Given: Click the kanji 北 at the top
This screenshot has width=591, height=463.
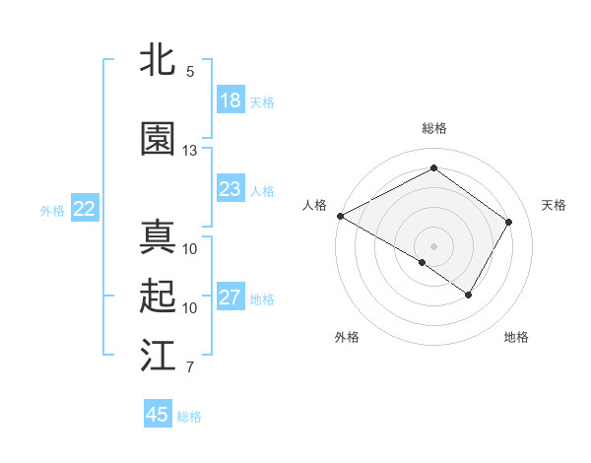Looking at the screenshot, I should click(159, 61).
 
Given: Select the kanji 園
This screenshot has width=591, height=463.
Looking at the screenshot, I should click(159, 140).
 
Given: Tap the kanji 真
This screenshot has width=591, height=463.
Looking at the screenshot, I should click(159, 237).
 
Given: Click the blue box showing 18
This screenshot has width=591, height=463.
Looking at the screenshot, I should click(230, 100).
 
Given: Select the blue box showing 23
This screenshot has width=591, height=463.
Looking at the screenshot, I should click(230, 189).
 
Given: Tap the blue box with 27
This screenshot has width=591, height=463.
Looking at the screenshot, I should click(230, 298).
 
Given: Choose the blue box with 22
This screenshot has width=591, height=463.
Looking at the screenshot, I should click(85, 209).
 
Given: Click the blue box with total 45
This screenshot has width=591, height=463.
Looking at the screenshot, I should click(158, 415).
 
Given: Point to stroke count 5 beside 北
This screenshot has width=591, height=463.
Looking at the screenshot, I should click(190, 72).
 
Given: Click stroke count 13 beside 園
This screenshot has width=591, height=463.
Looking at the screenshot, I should click(190, 151).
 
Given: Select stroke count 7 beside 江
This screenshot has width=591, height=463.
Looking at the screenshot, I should click(190, 367).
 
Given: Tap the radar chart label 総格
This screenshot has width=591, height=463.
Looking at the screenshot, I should click(433, 129).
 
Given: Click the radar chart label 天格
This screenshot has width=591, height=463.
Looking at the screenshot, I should click(554, 205).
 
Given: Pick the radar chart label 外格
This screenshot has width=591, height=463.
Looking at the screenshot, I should click(347, 338).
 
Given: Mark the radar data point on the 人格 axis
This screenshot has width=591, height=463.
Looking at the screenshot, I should click(340, 216).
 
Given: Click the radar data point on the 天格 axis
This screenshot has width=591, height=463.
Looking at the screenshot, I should click(508, 222).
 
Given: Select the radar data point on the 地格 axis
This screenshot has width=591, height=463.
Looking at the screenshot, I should click(469, 295).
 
